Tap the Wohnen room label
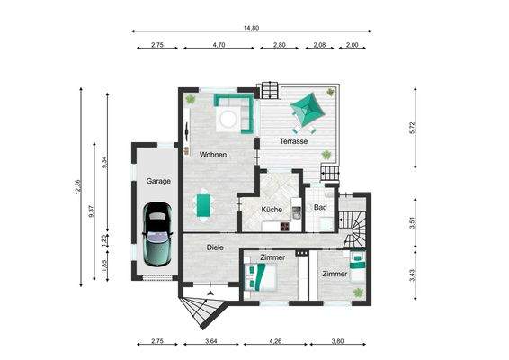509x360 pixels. point(213,155)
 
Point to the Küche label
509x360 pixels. point(272,210)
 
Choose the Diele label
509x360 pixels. point(215,247)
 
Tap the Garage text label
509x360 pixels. point(158,181)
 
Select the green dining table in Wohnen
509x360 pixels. point(206,205)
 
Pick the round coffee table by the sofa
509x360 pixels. point(229,114)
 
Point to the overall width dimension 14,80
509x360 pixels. point(251,28)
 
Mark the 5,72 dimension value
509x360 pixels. point(413,129)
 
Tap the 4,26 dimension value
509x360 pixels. point(275,341)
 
